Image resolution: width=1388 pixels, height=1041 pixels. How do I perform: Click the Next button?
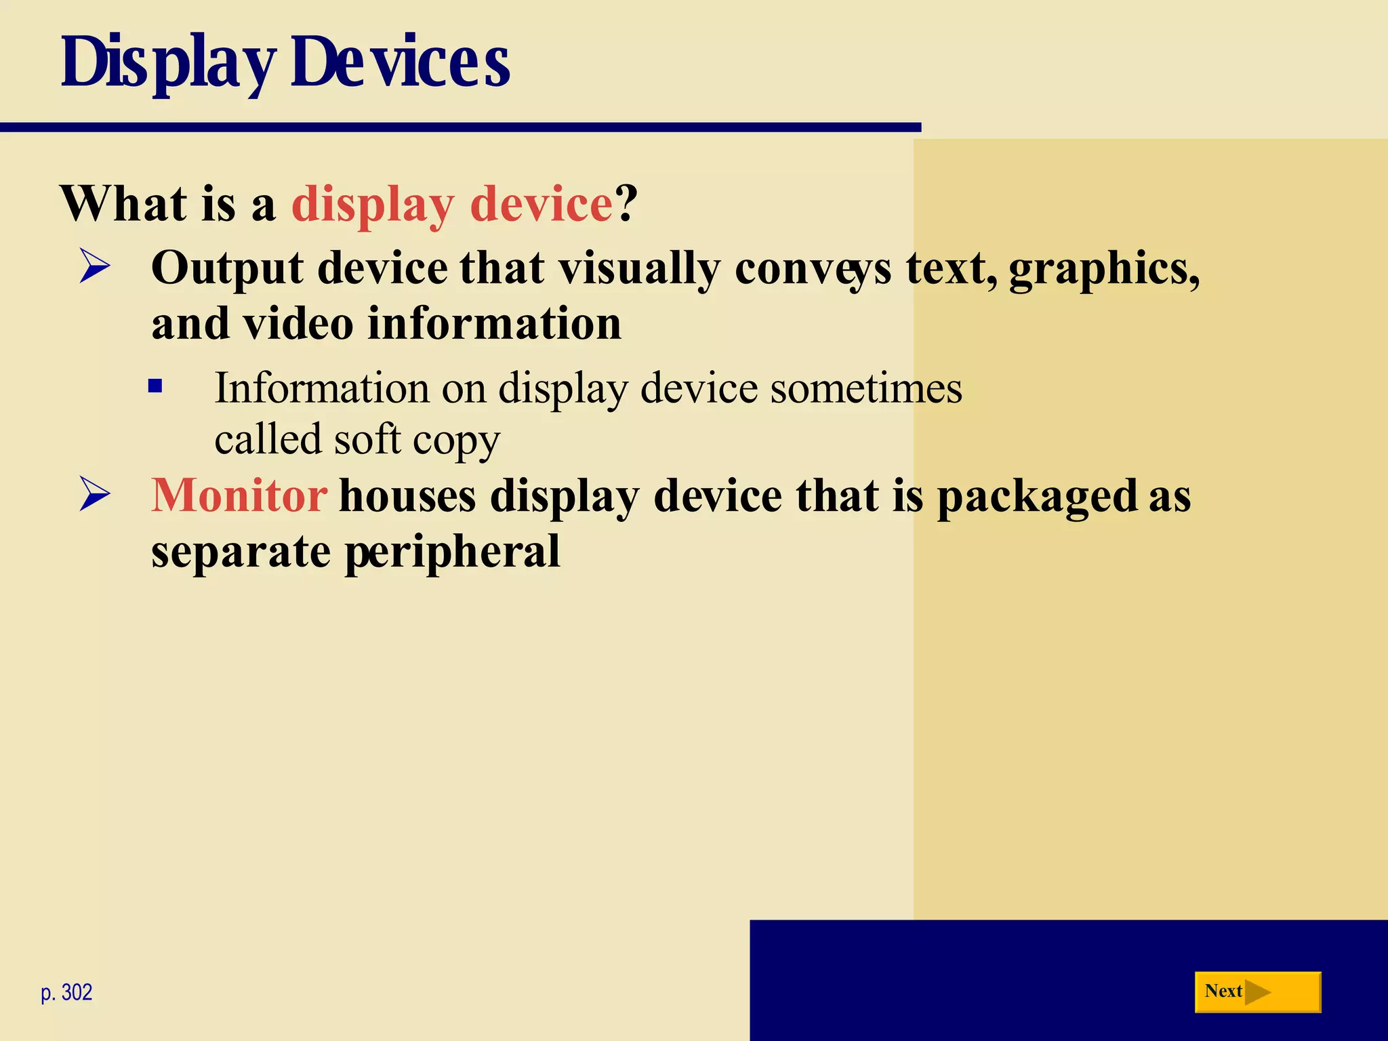(1257, 992)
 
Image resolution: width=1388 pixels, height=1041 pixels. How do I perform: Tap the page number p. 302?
(66, 993)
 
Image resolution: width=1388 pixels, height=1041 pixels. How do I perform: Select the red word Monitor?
(239, 495)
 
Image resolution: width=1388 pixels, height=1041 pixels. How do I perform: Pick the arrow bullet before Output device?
(94, 266)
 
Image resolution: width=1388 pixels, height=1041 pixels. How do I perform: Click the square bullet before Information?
(155, 386)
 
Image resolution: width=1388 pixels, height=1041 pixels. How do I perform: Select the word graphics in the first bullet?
(1103, 269)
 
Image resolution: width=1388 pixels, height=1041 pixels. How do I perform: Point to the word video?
(298, 323)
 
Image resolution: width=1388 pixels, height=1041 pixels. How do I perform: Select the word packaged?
(1037, 497)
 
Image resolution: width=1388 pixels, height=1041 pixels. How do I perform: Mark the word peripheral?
(453, 552)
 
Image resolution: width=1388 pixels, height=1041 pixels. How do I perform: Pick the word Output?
(227, 269)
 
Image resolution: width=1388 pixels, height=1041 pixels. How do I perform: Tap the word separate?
(241, 552)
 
